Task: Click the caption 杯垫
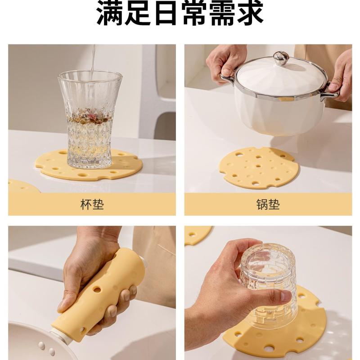click(92, 204)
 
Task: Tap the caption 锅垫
click(268, 204)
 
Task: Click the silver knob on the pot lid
click(279, 58)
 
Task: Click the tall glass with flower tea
click(90, 119)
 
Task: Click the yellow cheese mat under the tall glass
click(88, 165)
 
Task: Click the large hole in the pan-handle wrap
click(97, 289)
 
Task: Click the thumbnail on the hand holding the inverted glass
click(286, 296)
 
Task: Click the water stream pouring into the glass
click(93, 60)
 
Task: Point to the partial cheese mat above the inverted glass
click(198, 235)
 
